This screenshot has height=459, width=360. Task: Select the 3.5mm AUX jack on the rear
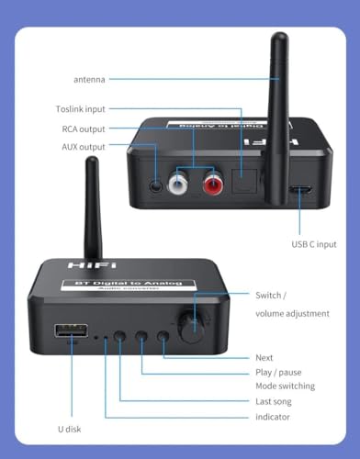click(x=161, y=183)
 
